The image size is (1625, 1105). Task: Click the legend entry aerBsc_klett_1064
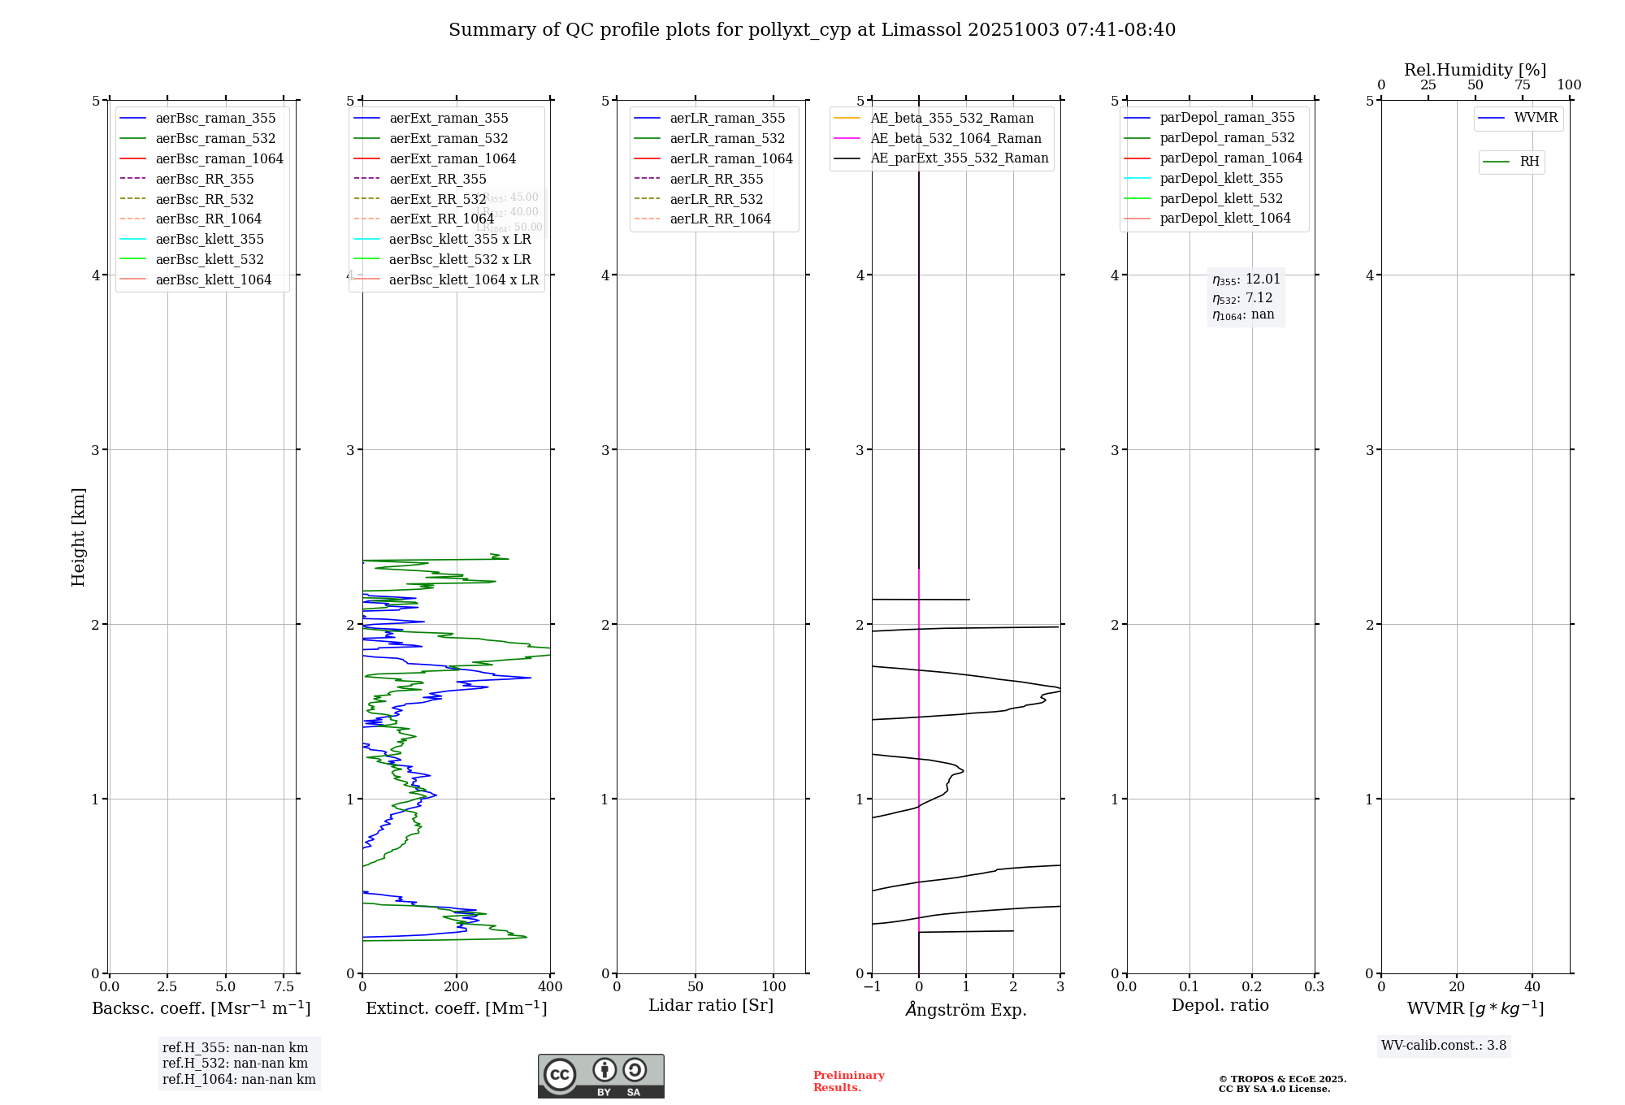[x=213, y=279]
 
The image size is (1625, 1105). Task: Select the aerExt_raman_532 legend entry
[x=448, y=138]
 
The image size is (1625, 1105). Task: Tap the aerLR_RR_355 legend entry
[x=716, y=179]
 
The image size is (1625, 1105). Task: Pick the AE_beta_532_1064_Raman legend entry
[x=955, y=138]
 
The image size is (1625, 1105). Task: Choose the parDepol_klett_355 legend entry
[x=1221, y=178]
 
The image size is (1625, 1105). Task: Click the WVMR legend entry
[x=1536, y=118]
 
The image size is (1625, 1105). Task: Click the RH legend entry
[x=1529, y=162]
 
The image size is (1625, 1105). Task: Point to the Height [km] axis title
[x=78, y=536]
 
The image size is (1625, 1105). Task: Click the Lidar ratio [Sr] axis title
[x=711, y=1005]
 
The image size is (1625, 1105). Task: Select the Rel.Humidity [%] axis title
[x=1475, y=70]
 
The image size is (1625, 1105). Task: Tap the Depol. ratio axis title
[x=1220, y=1005]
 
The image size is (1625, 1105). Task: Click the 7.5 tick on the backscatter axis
[x=284, y=986]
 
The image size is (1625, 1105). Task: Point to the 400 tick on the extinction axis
[x=550, y=986]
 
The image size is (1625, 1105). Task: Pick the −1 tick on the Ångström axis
[x=872, y=986]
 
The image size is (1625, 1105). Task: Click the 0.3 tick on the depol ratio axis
[x=1314, y=986]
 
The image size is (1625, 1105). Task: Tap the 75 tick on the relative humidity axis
[x=1522, y=85]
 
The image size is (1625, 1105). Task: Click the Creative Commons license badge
[x=600, y=1076]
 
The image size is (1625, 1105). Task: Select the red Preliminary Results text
[x=848, y=1081]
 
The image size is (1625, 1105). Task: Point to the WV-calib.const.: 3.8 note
[x=1444, y=1046]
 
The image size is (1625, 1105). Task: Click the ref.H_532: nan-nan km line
[x=235, y=1063]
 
